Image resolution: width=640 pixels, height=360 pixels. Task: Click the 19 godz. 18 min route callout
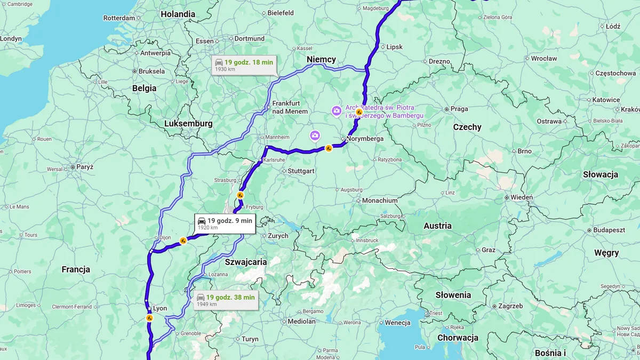243,65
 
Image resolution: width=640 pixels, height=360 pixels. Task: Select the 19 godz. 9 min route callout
225,223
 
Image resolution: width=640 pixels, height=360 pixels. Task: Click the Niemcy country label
321,60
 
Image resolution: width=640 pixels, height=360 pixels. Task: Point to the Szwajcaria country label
245,262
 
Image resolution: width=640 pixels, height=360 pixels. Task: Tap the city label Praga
459,109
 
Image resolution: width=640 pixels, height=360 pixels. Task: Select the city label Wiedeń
521,197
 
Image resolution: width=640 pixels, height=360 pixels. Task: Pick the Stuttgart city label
301,171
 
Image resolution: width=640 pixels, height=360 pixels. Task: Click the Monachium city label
380,201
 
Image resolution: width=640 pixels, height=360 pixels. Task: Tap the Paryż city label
84,167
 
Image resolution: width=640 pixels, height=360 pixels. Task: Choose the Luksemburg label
188,124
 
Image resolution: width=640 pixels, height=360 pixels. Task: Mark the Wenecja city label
397,323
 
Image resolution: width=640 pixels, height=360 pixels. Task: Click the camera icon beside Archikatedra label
337,111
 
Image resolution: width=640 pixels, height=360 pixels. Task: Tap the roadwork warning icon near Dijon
183,241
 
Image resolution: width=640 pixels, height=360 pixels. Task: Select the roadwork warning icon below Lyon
150,318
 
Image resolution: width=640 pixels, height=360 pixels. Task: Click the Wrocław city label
543,59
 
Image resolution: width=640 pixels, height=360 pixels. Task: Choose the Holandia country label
178,14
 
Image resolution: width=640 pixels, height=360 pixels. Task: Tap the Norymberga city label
365,139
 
